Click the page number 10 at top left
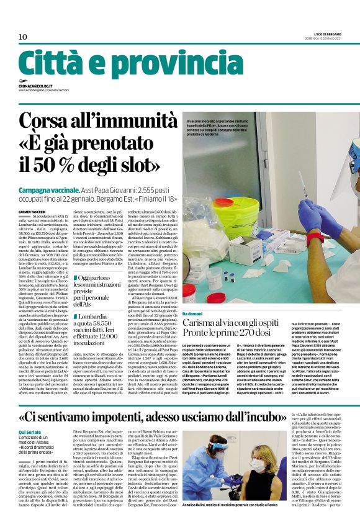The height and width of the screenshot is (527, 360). [x=23, y=37]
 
